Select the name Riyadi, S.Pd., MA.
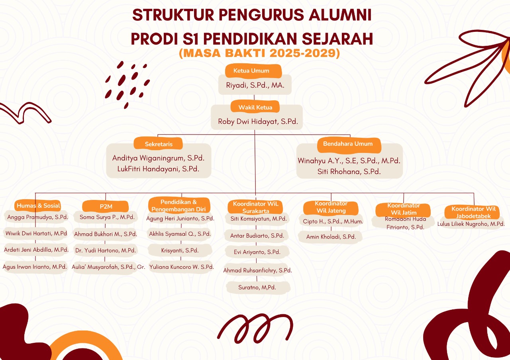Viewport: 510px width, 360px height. point(255,85)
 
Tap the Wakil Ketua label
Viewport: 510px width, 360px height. point(255,107)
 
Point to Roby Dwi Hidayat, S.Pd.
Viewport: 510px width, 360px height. point(258,121)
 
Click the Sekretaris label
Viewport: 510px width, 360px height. point(159,144)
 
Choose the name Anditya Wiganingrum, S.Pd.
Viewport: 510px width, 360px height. point(158,158)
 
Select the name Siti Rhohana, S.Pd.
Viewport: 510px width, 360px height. point(349,172)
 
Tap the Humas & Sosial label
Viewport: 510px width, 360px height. point(38,206)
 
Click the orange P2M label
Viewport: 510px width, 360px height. point(106,206)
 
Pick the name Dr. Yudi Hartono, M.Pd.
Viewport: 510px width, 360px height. point(106,250)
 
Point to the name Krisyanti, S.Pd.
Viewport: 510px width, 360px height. point(180,250)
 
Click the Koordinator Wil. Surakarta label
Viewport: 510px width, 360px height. point(255,207)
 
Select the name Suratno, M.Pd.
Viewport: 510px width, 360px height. point(257,288)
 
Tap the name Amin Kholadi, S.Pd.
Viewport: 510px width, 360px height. point(331,237)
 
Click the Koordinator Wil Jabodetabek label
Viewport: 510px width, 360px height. point(473,212)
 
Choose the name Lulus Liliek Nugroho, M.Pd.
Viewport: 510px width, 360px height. point(471,224)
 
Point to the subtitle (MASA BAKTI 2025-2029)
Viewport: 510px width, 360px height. point(259,53)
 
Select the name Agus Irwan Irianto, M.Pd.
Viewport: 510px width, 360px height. point(35,267)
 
